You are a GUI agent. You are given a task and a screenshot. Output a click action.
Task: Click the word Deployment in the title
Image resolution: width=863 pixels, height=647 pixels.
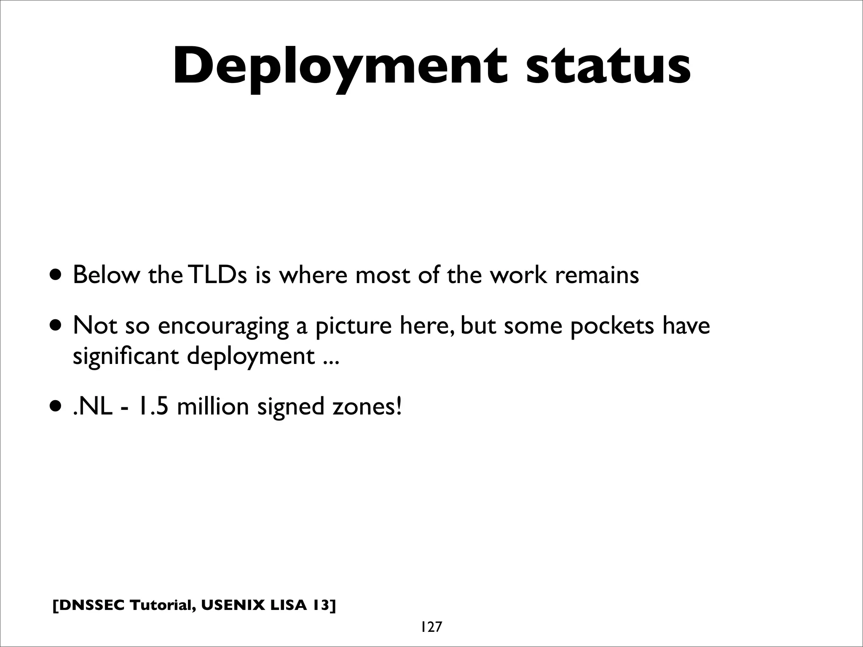(340, 67)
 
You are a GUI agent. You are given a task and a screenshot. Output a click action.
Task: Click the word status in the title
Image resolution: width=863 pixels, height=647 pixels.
(608, 67)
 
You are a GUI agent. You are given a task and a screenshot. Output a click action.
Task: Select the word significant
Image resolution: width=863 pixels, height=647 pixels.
(126, 356)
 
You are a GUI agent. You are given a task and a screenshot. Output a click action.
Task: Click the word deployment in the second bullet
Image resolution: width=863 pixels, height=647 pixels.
(250, 356)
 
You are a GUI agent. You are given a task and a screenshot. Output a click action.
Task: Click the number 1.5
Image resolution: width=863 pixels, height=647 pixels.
(151, 407)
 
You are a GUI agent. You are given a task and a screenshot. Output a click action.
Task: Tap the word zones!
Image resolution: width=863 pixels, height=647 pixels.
(367, 407)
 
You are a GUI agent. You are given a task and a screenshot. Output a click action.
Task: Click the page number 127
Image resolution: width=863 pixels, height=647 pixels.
(430, 627)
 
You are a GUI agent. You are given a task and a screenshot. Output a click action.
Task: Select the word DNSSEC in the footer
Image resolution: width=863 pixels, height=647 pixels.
(89, 605)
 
